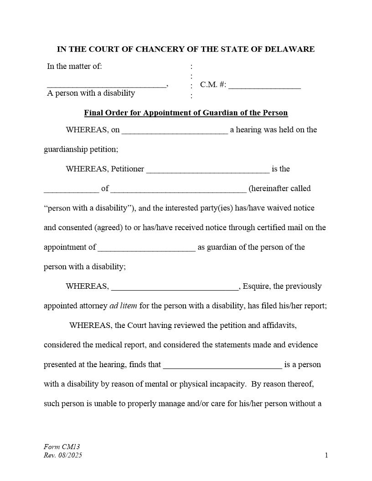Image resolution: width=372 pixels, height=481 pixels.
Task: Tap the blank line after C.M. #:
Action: click(x=264, y=86)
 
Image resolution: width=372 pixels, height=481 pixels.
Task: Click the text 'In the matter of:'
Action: click(x=74, y=67)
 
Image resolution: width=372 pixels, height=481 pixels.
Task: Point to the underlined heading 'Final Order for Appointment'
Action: click(x=186, y=113)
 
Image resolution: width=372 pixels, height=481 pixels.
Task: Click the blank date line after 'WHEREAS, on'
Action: click(x=175, y=132)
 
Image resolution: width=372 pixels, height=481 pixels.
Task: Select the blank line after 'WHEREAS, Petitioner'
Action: click(x=208, y=171)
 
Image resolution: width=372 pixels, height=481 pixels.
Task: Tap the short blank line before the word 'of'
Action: click(x=71, y=190)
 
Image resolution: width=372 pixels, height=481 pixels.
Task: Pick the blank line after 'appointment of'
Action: click(x=146, y=249)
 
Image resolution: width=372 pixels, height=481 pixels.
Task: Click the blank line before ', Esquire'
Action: click(x=175, y=288)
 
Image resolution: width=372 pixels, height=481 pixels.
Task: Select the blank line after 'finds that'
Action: click(x=222, y=367)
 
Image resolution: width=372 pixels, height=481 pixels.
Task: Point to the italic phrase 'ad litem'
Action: click(x=123, y=306)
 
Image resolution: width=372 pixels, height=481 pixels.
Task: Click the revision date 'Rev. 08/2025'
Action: click(x=63, y=455)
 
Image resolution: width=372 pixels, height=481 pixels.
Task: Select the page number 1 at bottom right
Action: click(x=326, y=455)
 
